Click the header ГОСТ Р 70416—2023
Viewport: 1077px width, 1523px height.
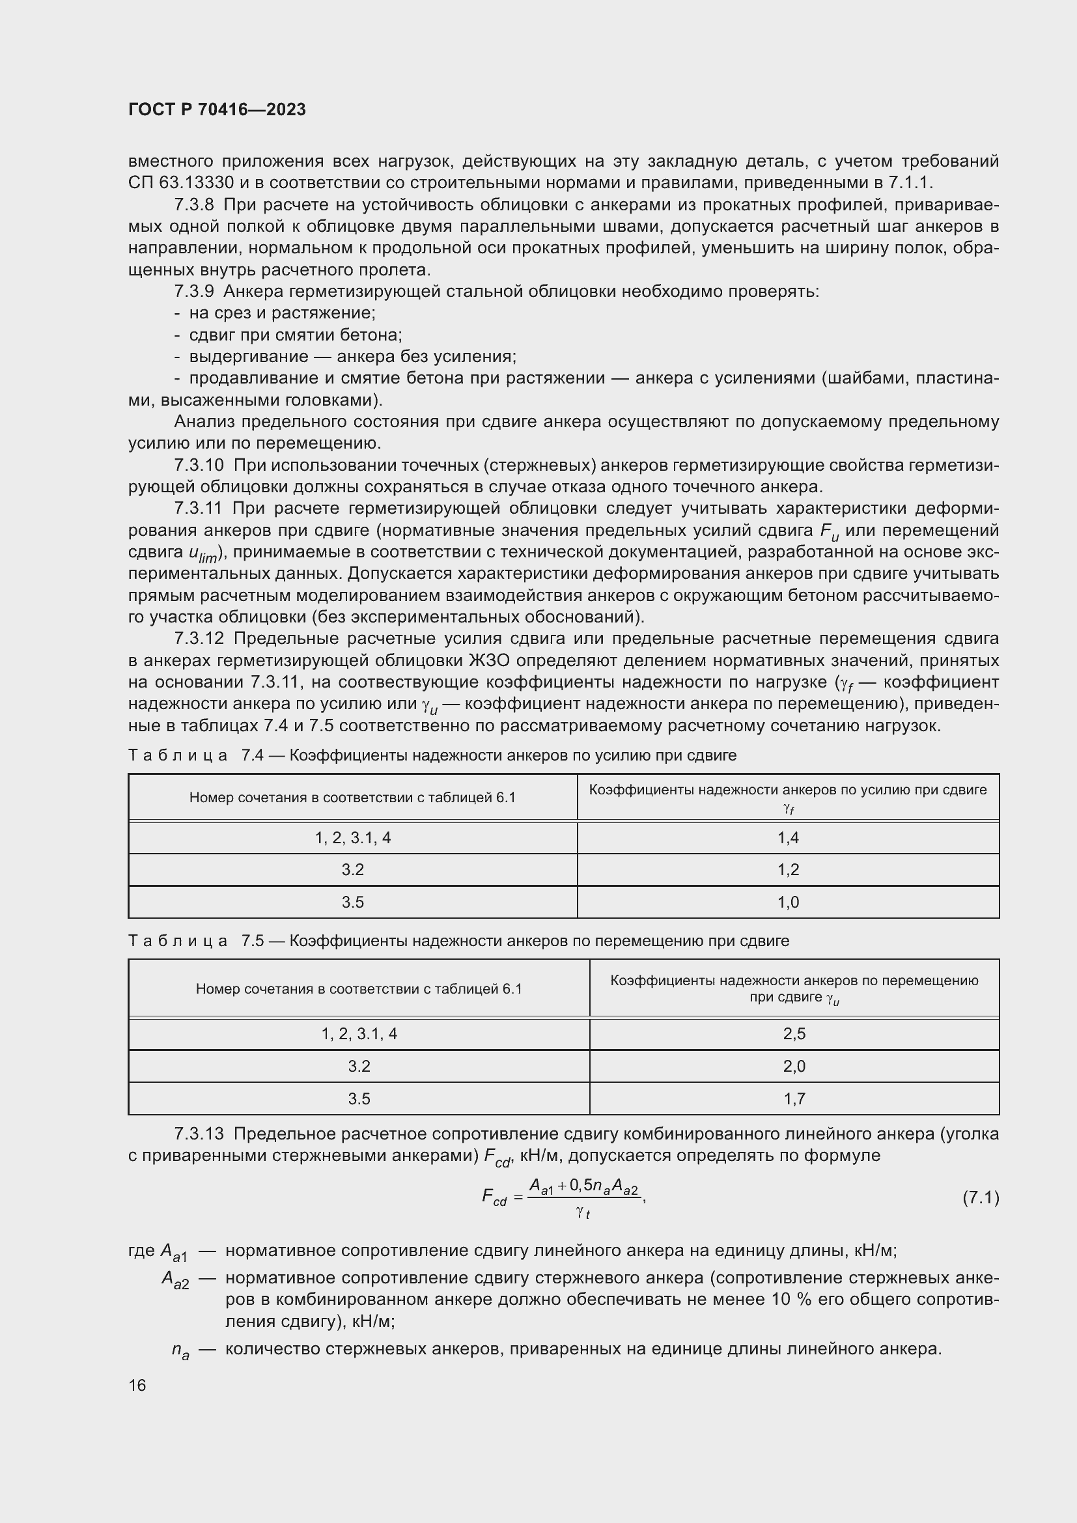(217, 109)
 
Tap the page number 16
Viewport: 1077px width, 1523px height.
(137, 1385)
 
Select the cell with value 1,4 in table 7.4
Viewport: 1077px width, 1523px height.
(788, 838)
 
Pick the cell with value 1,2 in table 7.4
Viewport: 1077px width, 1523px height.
(788, 870)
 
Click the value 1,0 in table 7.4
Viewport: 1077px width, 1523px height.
(788, 902)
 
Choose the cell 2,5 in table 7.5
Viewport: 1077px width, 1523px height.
(794, 1033)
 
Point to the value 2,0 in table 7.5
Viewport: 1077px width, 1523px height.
(794, 1066)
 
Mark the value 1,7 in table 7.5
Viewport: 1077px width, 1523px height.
(794, 1098)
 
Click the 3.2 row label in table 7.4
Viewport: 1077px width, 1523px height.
(353, 870)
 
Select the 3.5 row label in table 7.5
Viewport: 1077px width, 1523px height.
(359, 1098)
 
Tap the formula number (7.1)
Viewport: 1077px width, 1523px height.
(980, 1197)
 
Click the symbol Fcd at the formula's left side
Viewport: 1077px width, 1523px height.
(494, 1198)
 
